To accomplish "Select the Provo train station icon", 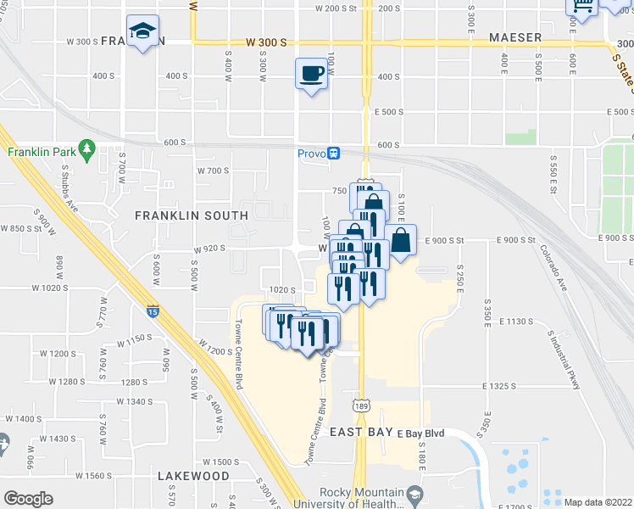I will [335, 154].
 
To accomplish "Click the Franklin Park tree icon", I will [86, 149].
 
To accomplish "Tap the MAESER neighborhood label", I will [514, 37].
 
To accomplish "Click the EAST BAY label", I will [361, 432].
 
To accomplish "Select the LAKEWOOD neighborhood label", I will [193, 476].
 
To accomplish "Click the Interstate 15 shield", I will [153, 310].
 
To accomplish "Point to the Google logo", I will [28, 499].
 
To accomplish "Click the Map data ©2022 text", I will [598, 502].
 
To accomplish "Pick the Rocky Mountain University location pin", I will [414, 493].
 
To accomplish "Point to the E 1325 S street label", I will [508, 386].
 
